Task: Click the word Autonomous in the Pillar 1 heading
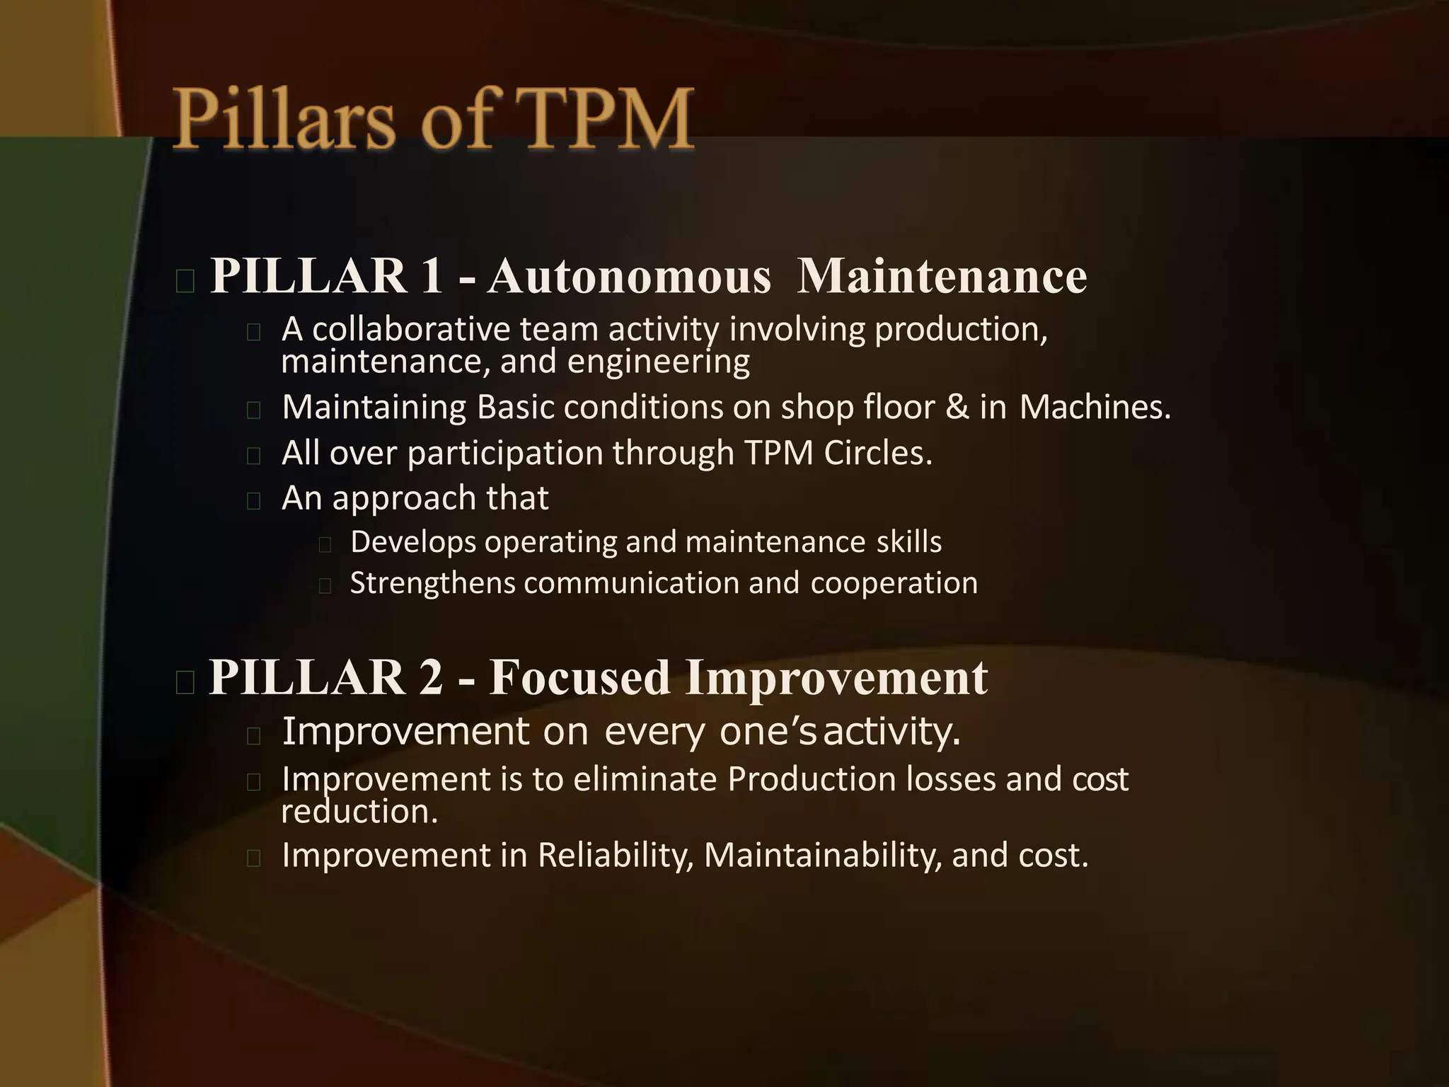628,276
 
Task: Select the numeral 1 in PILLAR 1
431,276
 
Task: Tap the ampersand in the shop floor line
957,407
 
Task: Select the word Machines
1095,407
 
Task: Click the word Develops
413,543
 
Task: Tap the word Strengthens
433,584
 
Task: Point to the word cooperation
894,584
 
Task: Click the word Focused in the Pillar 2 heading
579,677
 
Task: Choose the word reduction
359,812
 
